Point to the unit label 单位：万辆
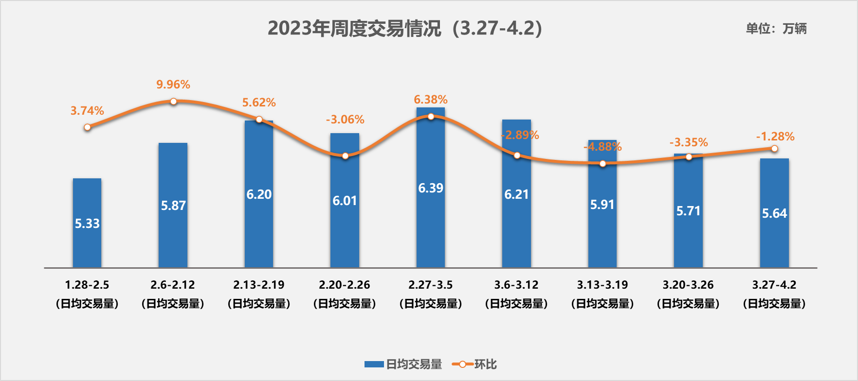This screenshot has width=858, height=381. pos(776,29)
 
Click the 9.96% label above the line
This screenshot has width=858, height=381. pos(173,85)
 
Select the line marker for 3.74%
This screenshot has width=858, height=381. pos(87,127)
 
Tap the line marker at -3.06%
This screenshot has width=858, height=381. pos(345,156)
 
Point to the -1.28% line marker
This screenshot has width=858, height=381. pos(774,149)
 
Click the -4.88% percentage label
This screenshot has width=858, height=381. pos(602,147)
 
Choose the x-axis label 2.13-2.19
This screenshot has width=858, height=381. pos(259,285)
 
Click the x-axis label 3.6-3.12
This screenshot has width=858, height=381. pos(516,285)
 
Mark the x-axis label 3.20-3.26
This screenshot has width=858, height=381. pos(688,285)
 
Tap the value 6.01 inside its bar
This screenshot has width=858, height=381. pos(345,201)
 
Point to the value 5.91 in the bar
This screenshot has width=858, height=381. pos(602,205)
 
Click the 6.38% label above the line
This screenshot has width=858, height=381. pos(431,100)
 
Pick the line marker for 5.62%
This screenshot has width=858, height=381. pos(259,120)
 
